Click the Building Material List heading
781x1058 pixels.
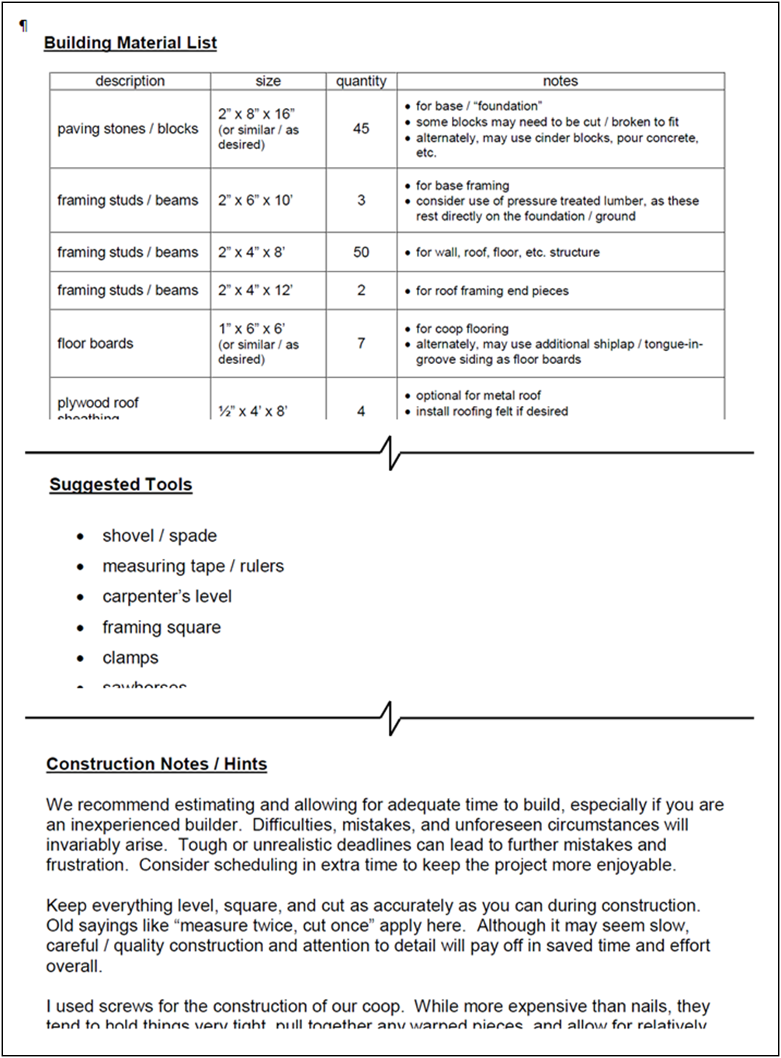(130, 43)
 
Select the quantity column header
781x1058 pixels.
(361, 81)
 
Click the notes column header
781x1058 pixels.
(561, 81)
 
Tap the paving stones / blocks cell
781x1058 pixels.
(127, 129)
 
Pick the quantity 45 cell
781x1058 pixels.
(361, 129)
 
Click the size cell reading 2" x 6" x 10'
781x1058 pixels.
(255, 200)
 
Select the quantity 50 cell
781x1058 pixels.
(361, 252)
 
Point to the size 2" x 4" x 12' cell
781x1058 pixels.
(255, 290)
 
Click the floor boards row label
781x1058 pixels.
(95, 343)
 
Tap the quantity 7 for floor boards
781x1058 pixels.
(361, 343)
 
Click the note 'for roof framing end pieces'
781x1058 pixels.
(492, 291)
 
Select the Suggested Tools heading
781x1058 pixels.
(120, 485)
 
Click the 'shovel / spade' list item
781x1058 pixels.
(159, 536)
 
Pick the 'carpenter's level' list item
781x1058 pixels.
(167, 597)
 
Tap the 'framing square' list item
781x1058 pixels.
(161, 627)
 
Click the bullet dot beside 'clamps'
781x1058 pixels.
(81, 659)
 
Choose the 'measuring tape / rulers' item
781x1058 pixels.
(193, 567)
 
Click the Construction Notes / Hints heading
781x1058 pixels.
(156, 765)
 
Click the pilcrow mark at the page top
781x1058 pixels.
(23, 26)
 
